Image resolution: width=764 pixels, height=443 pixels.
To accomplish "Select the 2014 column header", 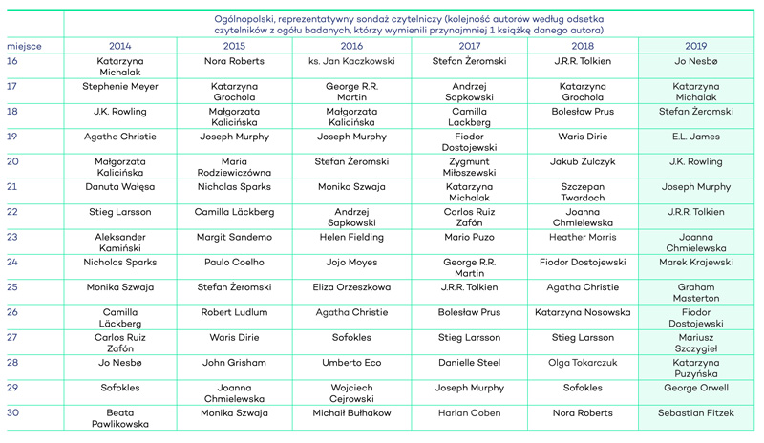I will [x=120, y=46].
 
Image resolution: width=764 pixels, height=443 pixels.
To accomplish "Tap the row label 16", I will [x=12, y=61].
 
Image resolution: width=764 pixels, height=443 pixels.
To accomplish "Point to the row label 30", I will [x=12, y=412].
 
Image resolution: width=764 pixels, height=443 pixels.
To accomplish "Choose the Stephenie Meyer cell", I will [x=120, y=86].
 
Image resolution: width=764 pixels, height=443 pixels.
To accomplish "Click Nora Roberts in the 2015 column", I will [x=234, y=61].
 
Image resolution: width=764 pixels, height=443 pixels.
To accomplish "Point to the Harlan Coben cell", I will [x=469, y=412].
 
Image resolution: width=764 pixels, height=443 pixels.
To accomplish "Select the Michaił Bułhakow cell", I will [x=351, y=412].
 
